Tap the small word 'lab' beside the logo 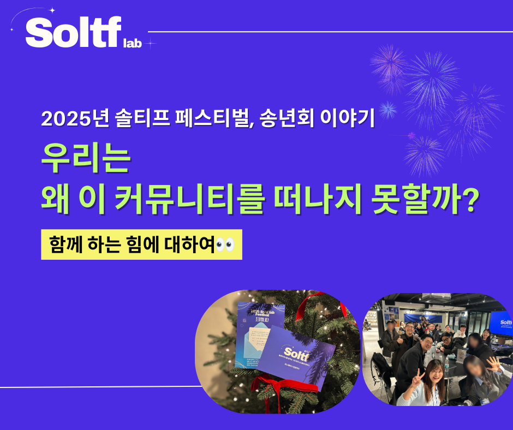coord(133,44)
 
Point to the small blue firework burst coord(388,110)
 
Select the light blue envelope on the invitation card coord(256,335)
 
